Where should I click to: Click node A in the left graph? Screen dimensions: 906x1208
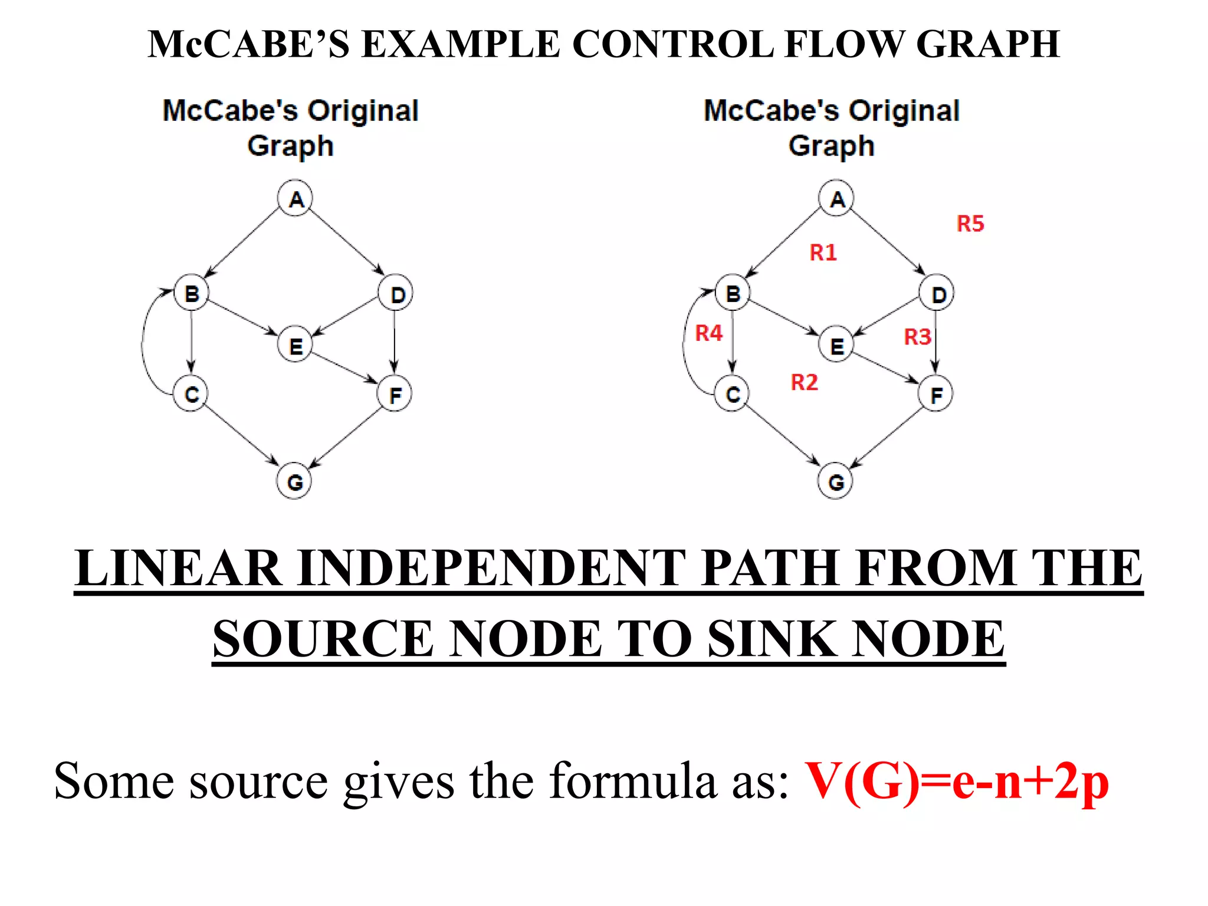(296, 199)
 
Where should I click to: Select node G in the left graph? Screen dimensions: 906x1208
(294, 481)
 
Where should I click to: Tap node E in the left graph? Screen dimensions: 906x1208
(295, 345)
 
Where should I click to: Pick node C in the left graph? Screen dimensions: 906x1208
(191, 393)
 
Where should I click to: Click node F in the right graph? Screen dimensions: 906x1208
(935, 394)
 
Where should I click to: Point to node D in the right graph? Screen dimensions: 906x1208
(937, 293)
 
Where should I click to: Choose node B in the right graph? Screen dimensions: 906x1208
(733, 293)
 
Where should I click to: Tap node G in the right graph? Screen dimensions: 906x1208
(836, 481)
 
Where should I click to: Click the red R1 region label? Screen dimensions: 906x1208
(823, 252)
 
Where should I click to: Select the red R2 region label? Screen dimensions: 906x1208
(804, 382)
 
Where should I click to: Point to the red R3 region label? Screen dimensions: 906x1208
(917, 337)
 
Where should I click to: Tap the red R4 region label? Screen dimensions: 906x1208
(708, 333)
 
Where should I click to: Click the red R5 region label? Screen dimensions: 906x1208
(970, 224)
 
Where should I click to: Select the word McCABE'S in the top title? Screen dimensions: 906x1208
(248, 44)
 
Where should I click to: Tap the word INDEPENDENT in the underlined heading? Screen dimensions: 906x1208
(493, 568)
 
